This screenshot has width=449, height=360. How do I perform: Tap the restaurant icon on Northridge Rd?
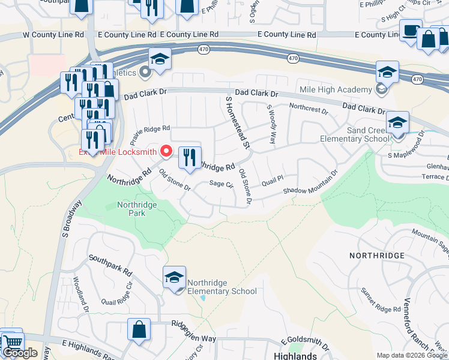tap(190, 158)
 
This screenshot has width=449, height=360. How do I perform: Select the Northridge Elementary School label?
tap(221, 287)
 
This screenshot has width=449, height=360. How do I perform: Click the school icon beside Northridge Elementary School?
tap(175, 277)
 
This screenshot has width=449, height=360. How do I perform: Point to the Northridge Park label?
tap(137, 209)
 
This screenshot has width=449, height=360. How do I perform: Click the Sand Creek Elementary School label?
tap(369, 134)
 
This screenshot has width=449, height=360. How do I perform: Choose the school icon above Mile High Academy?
tap(388, 73)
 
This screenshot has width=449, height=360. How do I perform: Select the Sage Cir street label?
tap(221, 185)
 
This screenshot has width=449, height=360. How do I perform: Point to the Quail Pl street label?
tap(271, 178)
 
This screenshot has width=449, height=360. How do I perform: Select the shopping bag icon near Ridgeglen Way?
tap(139, 329)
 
